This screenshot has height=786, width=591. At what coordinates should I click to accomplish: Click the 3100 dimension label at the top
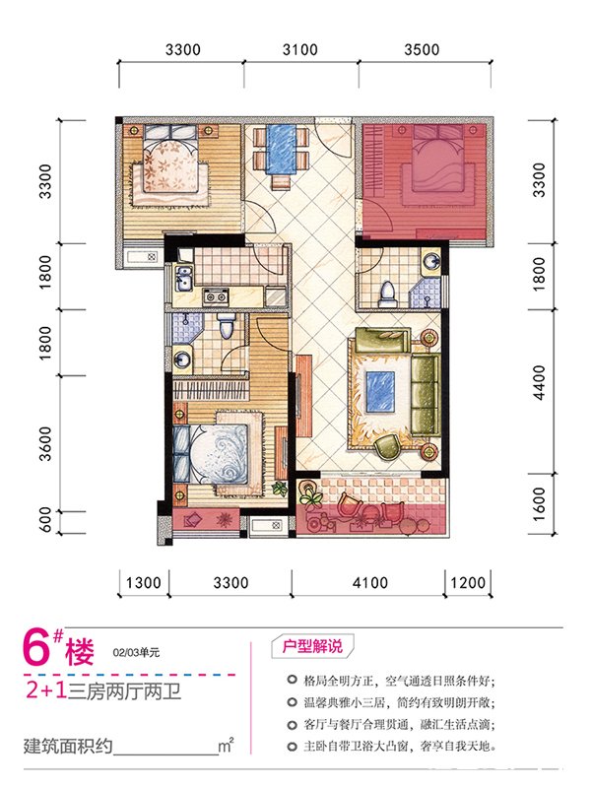tap(299, 49)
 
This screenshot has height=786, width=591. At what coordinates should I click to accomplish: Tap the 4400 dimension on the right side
tap(539, 382)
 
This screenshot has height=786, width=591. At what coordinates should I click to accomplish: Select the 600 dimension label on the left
tap(45, 520)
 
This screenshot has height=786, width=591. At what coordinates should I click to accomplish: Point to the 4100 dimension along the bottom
tap(370, 582)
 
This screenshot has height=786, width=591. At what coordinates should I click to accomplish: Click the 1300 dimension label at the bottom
tap(144, 582)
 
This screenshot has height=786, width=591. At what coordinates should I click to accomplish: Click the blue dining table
tap(281, 149)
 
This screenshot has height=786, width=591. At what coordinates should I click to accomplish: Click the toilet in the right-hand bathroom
tap(386, 294)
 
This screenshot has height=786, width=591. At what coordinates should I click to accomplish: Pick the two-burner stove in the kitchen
tap(215, 296)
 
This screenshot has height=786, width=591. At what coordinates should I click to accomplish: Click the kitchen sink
tap(183, 278)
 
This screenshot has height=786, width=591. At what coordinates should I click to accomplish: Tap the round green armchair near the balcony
tap(388, 446)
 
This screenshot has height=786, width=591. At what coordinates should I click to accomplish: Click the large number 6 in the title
tap(36, 650)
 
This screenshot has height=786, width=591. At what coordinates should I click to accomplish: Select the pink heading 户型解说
tap(312, 646)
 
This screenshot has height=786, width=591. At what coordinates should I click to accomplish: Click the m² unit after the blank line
tap(226, 745)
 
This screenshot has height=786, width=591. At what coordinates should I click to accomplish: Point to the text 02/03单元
tap(136, 653)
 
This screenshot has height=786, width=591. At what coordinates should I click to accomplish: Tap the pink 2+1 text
tap(46, 691)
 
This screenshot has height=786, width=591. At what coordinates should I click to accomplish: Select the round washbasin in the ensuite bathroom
tap(181, 360)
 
